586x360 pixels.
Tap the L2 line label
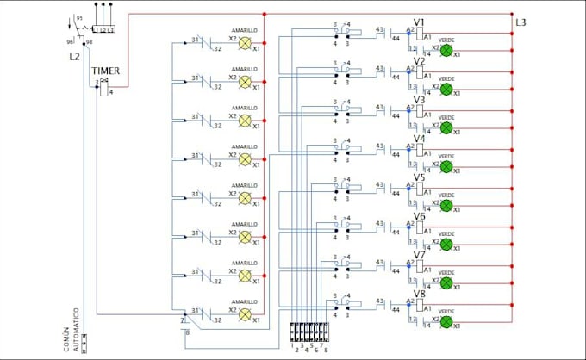pos(74,56)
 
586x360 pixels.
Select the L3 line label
pos(521,22)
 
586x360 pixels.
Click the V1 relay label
pos(419,22)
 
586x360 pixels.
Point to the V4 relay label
pos(419,139)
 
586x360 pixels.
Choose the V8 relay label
pos(419,294)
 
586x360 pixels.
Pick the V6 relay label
pos(419,216)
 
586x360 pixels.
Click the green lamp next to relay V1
pos(446,50)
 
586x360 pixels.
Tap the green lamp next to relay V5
pos(446,205)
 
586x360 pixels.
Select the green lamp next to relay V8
pos(446,321)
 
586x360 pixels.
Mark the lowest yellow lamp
pos(244,314)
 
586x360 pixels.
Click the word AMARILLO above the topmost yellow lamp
pos(244,30)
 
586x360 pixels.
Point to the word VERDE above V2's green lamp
pos(446,78)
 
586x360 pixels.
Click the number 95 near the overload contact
pos(80,18)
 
